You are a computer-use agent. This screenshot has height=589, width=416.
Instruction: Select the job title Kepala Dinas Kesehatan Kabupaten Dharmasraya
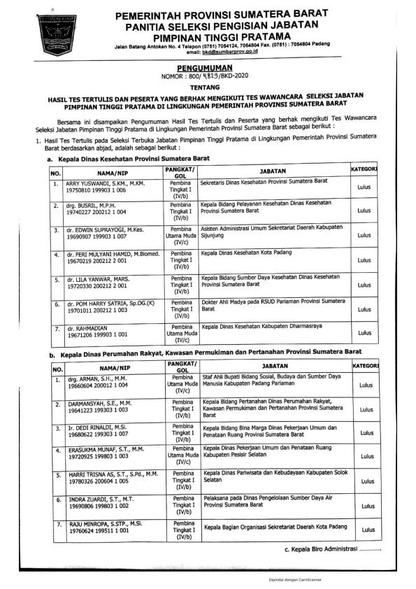coord(263,327)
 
